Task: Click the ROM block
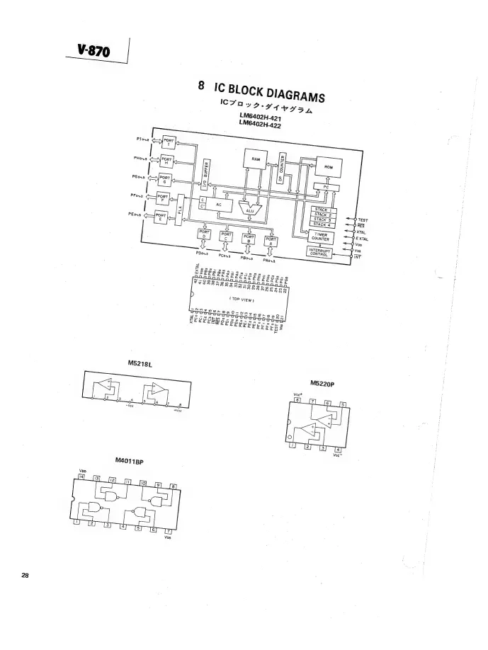tap(327, 167)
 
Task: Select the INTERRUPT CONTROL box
tap(320, 253)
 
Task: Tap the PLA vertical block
tap(181, 210)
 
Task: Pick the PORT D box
tap(203, 234)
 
